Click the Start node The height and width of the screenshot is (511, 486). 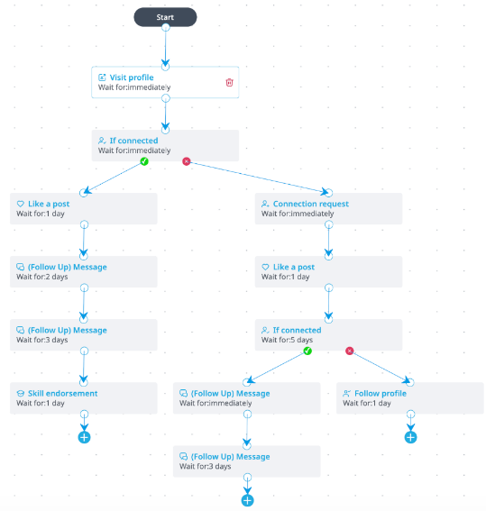(x=165, y=17)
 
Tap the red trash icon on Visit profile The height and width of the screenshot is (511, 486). (x=229, y=82)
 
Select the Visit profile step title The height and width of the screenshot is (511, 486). (x=132, y=78)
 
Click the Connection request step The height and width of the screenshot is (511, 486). (x=328, y=208)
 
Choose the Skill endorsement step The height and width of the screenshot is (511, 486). (x=84, y=398)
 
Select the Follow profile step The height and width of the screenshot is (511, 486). (x=409, y=398)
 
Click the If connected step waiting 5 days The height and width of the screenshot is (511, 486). (x=328, y=334)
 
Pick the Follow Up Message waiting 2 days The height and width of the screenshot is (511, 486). (x=84, y=272)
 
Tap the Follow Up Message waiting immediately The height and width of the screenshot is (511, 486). (x=246, y=398)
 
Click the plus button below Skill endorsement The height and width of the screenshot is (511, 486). (x=84, y=437)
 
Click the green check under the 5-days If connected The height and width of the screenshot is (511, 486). (x=307, y=351)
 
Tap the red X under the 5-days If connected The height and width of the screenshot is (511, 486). (x=350, y=351)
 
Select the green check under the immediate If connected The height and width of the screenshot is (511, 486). (x=144, y=161)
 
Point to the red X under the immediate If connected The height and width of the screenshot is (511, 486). (x=186, y=161)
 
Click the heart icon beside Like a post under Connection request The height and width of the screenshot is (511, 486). (x=265, y=268)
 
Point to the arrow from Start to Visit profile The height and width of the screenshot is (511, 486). (x=166, y=47)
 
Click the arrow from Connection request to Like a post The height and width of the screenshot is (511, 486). (x=328, y=241)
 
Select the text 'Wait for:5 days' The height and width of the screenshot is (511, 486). (x=287, y=340)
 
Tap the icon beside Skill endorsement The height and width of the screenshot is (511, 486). (x=20, y=394)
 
